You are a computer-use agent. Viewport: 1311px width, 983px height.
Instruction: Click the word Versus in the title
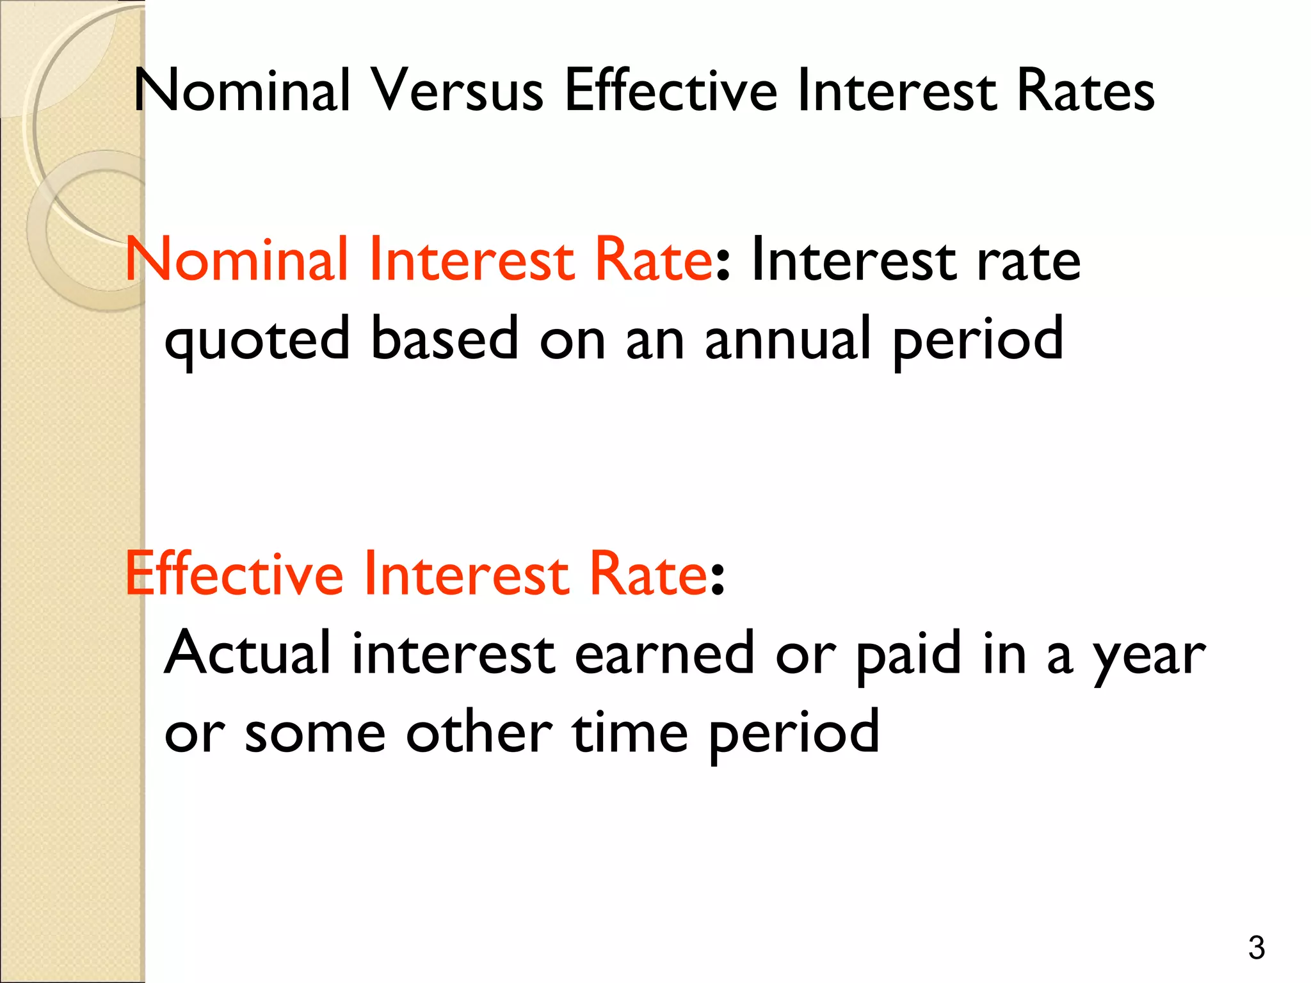[458, 92]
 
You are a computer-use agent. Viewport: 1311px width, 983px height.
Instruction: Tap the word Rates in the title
[1086, 92]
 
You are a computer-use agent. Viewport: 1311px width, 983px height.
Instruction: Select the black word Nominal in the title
[243, 92]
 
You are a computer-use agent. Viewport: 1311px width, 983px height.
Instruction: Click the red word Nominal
[236, 259]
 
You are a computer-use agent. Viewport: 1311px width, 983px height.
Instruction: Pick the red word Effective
[234, 574]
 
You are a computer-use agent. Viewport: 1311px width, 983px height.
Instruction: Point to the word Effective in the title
[671, 92]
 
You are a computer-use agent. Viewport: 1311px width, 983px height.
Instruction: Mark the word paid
[909, 654]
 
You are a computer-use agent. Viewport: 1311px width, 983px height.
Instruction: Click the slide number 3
[1257, 948]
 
